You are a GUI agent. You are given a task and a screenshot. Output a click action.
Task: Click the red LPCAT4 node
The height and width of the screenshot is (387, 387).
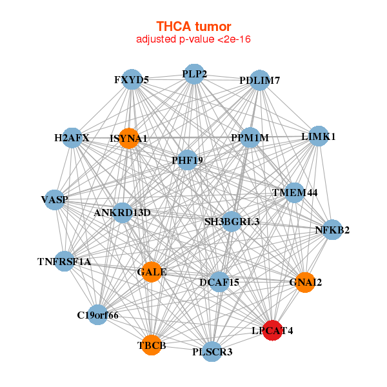(x=272, y=330)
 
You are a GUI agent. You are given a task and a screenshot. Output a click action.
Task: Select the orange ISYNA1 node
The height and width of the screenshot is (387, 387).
(x=129, y=138)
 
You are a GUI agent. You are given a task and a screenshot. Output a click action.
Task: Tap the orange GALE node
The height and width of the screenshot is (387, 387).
(x=152, y=272)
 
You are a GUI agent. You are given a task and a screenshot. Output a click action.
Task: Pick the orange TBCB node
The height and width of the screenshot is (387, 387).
(x=152, y=345)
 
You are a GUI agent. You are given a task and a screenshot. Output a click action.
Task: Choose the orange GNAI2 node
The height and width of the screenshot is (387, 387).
(x=305, y=282)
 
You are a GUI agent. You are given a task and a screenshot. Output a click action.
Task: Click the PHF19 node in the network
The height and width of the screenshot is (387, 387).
(x=187, y=159)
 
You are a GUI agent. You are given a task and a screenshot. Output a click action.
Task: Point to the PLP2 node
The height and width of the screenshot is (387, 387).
(x=194, y=74)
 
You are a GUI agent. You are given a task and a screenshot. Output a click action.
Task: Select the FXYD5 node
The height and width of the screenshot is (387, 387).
(x=132, y=80)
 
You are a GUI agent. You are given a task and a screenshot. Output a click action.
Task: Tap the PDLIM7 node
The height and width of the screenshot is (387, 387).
(x=259, y=81)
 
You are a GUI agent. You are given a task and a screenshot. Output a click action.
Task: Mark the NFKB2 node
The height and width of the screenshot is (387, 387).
(x=332, y=230)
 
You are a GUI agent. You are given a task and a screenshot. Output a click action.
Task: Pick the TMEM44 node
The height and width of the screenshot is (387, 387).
(x=295, y=192)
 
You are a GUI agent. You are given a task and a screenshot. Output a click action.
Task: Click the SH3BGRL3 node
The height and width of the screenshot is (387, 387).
(x=232, y=221)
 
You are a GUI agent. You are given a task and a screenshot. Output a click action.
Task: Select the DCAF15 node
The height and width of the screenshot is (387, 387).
(x=219, y=282)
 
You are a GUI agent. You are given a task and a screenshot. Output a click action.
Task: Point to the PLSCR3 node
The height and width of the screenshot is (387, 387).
(x=212, y=352)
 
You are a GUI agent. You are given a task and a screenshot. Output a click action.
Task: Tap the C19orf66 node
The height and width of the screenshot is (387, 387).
(x=97, y=315)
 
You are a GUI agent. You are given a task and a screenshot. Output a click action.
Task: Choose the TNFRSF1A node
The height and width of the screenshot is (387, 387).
(x=64, y=261)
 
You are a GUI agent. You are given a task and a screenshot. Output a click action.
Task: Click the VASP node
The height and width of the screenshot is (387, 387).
(x=55, y=199)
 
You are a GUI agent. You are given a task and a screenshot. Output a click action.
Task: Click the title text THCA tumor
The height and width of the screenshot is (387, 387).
(x=193, y=26)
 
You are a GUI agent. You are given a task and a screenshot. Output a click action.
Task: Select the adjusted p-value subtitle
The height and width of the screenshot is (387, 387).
(x=193, y=39)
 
